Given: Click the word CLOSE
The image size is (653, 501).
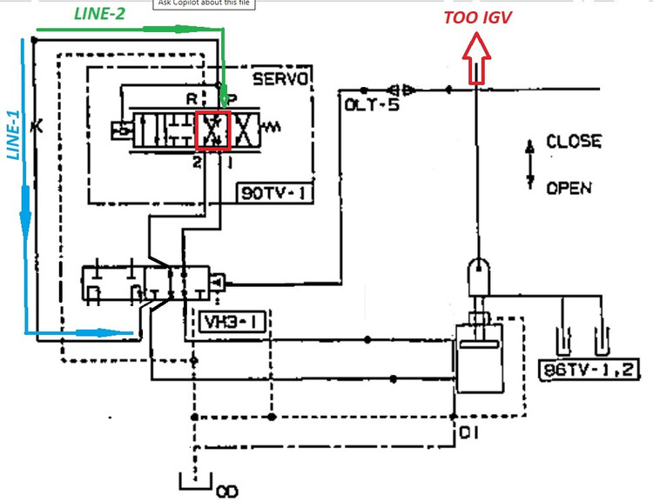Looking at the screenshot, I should click(573, 142).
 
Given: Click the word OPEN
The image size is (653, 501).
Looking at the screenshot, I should click(569, 187).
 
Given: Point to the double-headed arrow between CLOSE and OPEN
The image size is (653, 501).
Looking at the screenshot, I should click(529, 164).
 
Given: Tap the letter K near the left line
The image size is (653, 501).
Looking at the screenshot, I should click(36, 126).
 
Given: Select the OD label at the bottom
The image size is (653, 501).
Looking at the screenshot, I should click(226, 492).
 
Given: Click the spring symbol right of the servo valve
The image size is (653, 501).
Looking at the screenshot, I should click(273, 128).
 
